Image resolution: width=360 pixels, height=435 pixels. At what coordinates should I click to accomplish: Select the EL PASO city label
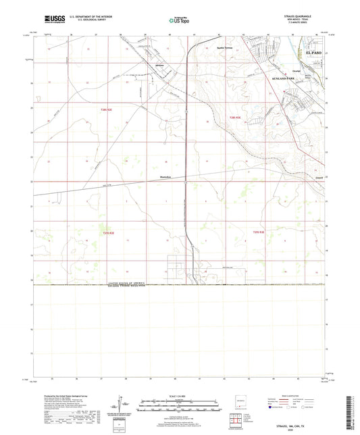click(x=315, y=51)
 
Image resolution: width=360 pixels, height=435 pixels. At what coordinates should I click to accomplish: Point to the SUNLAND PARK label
click(x=290, y=78)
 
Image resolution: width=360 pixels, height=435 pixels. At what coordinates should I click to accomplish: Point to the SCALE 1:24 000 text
click(x=179, y=395)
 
